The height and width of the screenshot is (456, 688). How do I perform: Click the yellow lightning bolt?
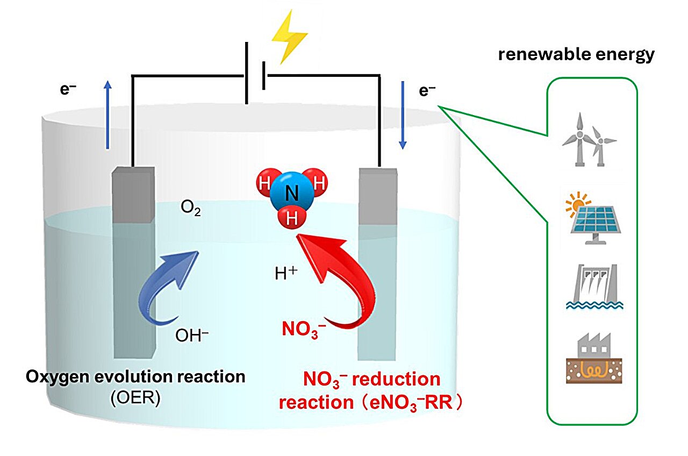tap(289, 34)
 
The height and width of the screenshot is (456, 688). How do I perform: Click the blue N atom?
tap(292, 194)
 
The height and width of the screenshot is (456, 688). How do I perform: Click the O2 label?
tap(191, 208)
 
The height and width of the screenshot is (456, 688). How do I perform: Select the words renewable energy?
tap(577, 55)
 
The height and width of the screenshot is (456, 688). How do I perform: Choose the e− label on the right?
tap(427, 91)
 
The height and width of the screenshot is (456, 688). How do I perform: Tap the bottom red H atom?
tap(291, 219)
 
